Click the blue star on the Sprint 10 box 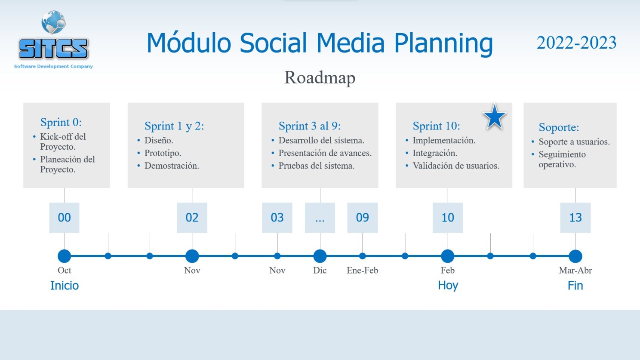pyautogui.click(x=495, y=117)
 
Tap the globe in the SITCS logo pyautogui.click(x=53, y=22)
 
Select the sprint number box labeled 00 pyautogui.click(x=64, y=218)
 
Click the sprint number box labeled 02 pyautogui.click(x=192, y=218)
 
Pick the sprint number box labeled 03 pyautogui.click(x=277, y=218)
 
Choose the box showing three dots pyautogui.click(x=320, y=218)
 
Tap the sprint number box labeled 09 pyautogui.click(x=362, y=218)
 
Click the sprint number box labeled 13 pyautogui.click(x=575, y=218)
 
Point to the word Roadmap pyautogui.click(x=320, y=78)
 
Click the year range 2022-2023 pyautogui.click(x=577, y=43)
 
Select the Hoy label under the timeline pyautogui.click(x=448, y=286)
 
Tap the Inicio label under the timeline pyautogui.click(x=65, y=286)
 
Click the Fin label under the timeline pyautogui.click(x=575, y=286)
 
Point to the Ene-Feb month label pyautogui.click(x=362, y=270)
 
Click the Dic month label pyautogui.click(x=320, y=270)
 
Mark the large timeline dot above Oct pyautogui.click(x=64, y=256)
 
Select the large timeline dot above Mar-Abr pyautogui.click(x=575, y=256)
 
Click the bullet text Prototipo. pyautogui.click(x=163, y=153)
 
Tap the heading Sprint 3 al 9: pyautogui.click(x=310, y=126)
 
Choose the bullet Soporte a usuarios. pyautogui.click(x=574, y=142)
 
